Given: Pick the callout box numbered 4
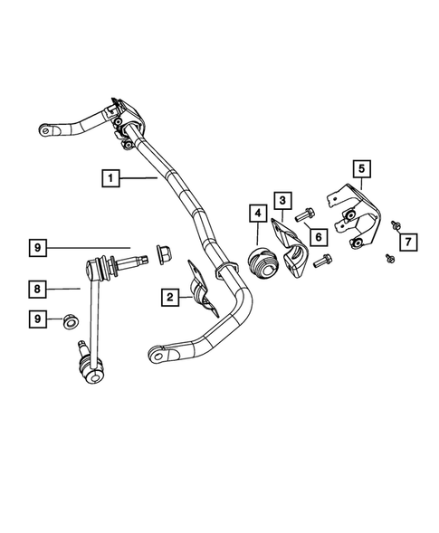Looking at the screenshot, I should (x=258, y=214).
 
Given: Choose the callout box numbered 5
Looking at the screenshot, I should (x=360, y=167).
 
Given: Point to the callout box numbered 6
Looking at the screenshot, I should (x=318, y=236).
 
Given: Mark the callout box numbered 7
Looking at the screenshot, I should (x=409, y=241).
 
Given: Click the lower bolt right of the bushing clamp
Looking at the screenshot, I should (x=323, y=263).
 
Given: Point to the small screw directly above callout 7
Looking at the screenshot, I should (x=396, y=224).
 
